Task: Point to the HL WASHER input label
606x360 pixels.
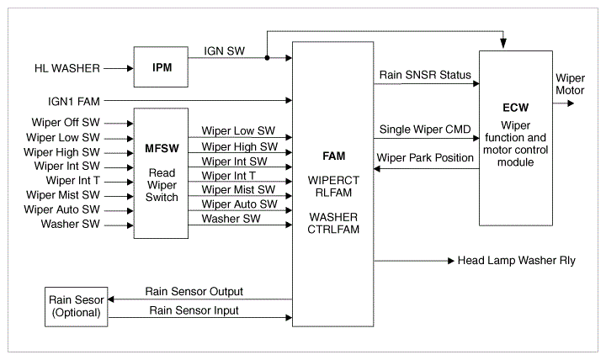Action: [67, 68]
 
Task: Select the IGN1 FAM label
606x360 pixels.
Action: [74, 101]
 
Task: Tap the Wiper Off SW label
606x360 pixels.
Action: [66, 123]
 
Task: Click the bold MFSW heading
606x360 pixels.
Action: [162, 148]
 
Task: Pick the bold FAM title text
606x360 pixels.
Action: [334, 156]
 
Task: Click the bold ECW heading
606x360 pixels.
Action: [516, 108]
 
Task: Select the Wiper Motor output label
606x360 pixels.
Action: [570, 84]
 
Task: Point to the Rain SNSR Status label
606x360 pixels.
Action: [425, 75]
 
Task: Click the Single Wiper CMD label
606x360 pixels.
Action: [425, 129]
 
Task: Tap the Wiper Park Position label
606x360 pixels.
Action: [425, 157]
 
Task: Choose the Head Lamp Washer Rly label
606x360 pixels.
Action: [516, 261]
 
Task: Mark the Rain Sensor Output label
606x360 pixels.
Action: [194, 291]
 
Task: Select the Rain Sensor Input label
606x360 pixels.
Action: [194, 310]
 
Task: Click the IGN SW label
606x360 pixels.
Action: [224, 51]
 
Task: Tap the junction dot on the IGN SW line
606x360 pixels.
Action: [267, 58]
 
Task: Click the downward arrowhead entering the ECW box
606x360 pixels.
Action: [503, 45]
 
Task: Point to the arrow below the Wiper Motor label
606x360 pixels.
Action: [563, 103]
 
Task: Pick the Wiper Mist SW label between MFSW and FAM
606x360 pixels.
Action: [238, 189]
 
